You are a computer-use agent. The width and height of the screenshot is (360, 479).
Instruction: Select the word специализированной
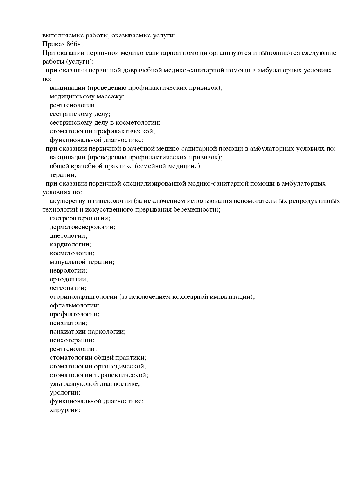coord(154,183)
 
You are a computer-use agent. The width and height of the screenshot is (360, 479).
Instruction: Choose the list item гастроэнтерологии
coord(80,218)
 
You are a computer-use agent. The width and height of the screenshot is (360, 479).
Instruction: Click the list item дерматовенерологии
coord(82,227)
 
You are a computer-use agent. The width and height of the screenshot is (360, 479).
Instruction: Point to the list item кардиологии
coord(70,244)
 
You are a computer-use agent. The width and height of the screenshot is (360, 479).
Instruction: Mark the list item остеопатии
coord(68,288)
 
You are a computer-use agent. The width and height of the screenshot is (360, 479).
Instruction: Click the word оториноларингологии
coord(83,297)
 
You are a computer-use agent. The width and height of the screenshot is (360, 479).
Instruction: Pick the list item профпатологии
coord(74,314)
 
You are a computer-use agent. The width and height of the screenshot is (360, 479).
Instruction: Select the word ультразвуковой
coord(74,384)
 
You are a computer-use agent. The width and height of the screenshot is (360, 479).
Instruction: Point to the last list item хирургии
coord(65,410)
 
